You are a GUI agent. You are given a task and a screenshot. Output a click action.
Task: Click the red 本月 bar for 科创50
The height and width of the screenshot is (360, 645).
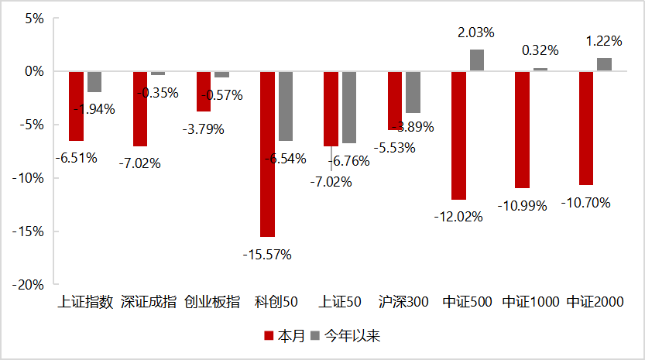pos(267,153)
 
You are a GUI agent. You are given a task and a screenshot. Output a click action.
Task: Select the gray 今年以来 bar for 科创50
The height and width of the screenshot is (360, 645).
pos(286,106)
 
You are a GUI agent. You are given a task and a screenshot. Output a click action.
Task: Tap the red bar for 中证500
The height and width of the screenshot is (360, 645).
pos(458,135)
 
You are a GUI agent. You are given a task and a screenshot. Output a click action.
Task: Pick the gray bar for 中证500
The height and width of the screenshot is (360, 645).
pos(477,60)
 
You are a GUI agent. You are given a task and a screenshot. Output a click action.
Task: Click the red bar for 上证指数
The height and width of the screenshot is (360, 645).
pos(76,105)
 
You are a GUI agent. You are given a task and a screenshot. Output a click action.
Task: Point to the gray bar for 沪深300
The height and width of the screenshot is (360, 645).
pos(413,91)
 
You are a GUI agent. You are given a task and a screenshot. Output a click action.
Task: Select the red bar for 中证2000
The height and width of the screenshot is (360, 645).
pos(586,128)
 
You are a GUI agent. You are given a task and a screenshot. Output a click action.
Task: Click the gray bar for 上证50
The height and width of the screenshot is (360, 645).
pos(349,107)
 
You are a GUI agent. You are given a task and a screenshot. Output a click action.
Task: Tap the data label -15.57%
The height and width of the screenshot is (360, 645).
pos(267,254)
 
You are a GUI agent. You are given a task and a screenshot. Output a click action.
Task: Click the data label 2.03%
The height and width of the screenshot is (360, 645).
pos(476,33)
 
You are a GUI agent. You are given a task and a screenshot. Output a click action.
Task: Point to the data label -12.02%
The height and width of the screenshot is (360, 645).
pos(458,217)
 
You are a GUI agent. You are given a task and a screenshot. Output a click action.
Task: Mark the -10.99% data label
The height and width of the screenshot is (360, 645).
pos(523,206)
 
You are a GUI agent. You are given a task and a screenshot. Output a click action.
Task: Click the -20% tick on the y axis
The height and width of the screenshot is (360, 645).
pos(29,284)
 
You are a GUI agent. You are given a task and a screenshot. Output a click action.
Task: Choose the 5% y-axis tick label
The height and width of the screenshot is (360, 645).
pos(34,18)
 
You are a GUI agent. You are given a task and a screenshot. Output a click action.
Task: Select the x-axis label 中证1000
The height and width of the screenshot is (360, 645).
pos(530,302)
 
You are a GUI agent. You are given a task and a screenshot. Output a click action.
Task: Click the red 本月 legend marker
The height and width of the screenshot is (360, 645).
pos(269,336)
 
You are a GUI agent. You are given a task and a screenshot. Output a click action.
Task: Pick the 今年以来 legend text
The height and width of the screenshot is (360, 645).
pos(352,336)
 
